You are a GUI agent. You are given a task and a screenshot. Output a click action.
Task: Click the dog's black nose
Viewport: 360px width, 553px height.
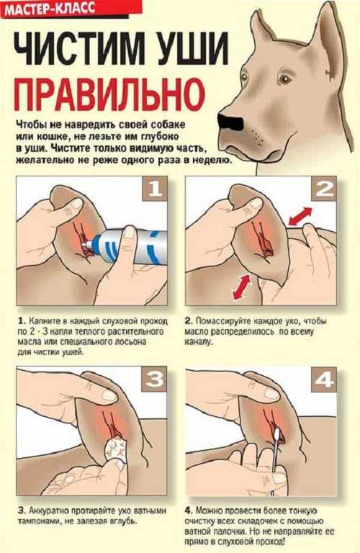click(230, 122)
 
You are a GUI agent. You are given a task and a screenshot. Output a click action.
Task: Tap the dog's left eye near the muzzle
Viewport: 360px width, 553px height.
click(244, 76)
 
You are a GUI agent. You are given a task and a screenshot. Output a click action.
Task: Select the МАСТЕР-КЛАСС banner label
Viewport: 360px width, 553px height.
click(50, 8)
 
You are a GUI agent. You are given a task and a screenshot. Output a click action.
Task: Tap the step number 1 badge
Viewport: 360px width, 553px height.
click(154, 189)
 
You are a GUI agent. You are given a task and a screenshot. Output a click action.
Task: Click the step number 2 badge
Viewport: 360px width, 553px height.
click(324, 189)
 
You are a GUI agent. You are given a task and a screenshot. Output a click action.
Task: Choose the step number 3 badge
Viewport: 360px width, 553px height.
click(154, 379)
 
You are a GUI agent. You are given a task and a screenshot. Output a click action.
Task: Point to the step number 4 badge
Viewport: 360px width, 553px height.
click(324, 379)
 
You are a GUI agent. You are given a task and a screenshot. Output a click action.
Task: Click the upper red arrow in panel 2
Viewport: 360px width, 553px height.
click(300, 215)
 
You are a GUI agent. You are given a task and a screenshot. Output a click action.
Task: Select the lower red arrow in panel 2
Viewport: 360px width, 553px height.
click(241, 287)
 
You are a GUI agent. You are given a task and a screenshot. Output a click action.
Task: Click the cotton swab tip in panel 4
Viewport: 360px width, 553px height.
click(276, 433)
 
